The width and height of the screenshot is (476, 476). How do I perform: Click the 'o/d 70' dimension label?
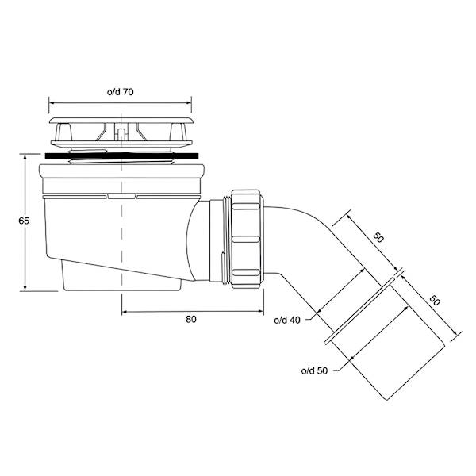point(121,92)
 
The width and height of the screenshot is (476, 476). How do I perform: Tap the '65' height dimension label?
point(24,221)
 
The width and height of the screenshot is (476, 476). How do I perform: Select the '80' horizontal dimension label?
point(191,320)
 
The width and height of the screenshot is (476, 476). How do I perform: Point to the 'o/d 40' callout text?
point(287,320)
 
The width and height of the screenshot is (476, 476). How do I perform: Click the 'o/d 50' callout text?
point(314,370)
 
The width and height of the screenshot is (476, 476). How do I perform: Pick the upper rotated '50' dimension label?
point(378,237)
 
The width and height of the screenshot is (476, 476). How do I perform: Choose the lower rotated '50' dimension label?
point(435,301)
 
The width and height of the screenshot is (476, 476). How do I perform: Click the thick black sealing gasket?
point(121,155)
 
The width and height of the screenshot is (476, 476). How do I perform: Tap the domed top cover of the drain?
point(121,121)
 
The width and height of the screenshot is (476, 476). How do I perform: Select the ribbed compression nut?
point(247,239)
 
